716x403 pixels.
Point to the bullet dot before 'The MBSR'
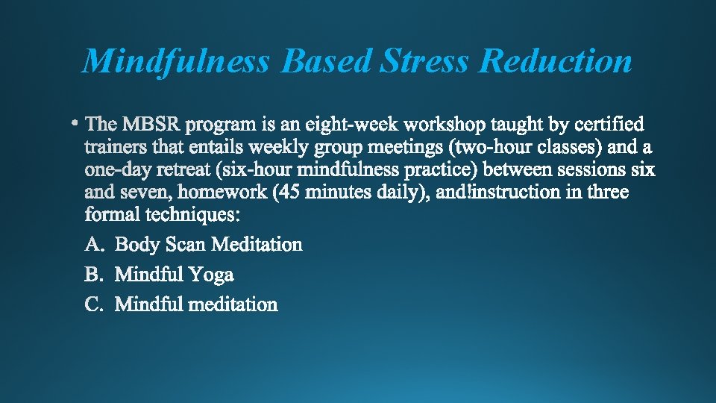(x=77, y=120)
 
